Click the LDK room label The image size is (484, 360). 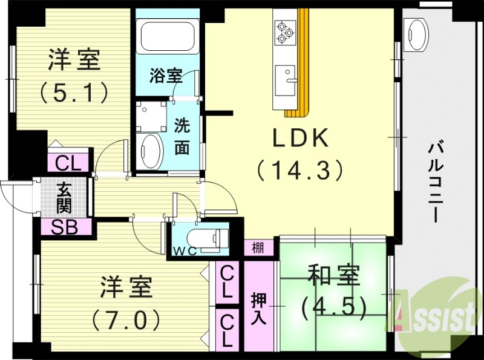point(300,139)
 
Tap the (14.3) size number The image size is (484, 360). point(300,170)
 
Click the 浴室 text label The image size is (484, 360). point(166,76)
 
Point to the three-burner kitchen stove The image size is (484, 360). point(284,32)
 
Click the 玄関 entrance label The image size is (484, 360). point(64,197)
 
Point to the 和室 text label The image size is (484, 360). point(333,276)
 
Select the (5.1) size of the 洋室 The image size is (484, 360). point(74,93)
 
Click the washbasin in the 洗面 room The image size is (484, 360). point(150,151)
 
